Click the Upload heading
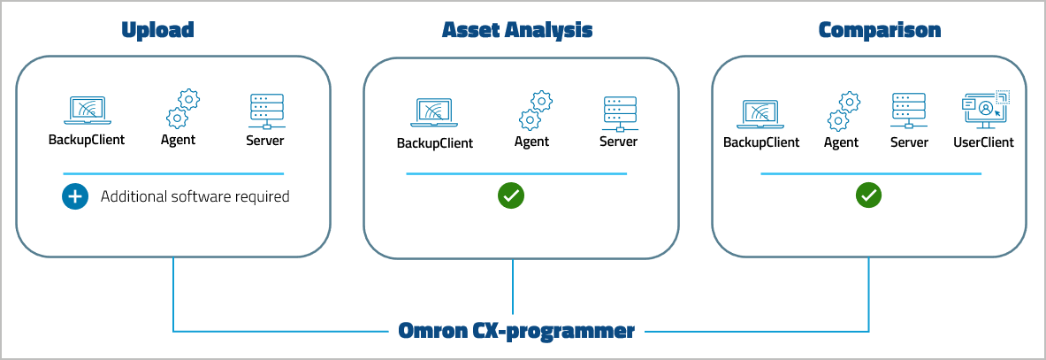click(157, 30)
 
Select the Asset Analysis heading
click(517, 30)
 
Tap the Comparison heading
click(880, 30)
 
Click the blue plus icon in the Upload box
click(75, 196)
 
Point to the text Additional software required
click(195, 196)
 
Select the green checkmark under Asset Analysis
click(510, 195)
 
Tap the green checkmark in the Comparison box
click(869, 195)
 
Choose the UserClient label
click(983, 142)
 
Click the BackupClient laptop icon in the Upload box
click(86, 110)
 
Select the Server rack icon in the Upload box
click(265, 111)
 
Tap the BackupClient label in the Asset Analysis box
click(434, 143)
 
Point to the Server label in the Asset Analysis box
click(618, 142)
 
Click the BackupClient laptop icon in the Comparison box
click(760, 113)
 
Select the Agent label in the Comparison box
click(842, 142)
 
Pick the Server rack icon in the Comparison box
click(909, 111)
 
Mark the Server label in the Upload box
click(265, 140)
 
